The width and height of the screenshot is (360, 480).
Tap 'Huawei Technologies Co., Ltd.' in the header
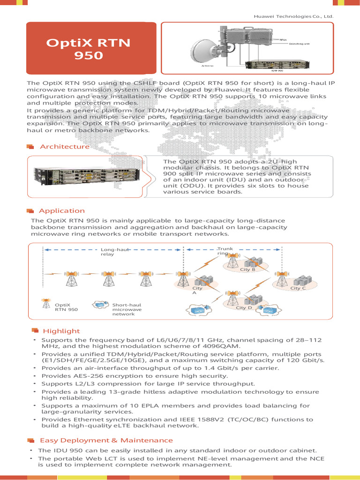pyautogui.click(x=293, y=16)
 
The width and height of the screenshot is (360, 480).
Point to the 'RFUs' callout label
pyautogui.click(x=283, y=40)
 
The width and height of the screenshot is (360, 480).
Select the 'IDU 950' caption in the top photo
pyautogui.click(x=277, y=71)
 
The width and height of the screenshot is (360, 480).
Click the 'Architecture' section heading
pyautogui.click(x=65, y=147)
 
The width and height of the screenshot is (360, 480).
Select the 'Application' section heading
pyautogui.click(x=62, y=211)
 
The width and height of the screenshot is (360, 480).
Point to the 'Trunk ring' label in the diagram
pyautogui.click(x=224, y=251)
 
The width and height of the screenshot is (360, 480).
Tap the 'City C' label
pyautogui.click(x=298, y=288)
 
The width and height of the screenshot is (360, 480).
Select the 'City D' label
pyautogui.click(x=244, y=307)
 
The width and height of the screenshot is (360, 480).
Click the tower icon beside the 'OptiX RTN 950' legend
pyautogui.click(x=46, y=304)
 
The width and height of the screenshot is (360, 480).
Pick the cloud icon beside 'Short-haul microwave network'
pyautogui.click(x=100, y=305)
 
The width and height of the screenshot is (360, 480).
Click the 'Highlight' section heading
pyautogui.click(x=61, y=331)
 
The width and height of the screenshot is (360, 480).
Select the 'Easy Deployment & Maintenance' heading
pyautogui.click(x=106, y=440)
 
